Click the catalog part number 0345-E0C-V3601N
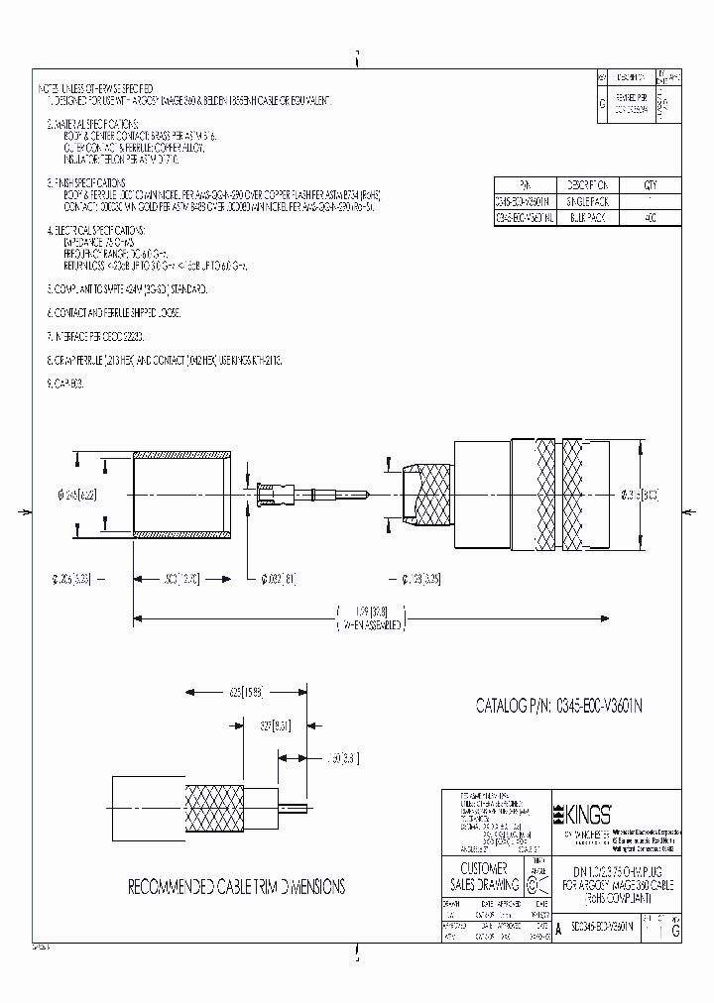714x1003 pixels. tap(562, 706)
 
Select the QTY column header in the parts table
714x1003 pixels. tap(650, 184)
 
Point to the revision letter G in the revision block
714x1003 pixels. tap(604, 102)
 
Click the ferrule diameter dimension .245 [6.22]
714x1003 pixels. tap(75, 492)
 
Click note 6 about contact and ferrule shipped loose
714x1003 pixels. tap(116, 312)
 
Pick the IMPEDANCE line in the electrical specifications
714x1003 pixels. tap(99, 242)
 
